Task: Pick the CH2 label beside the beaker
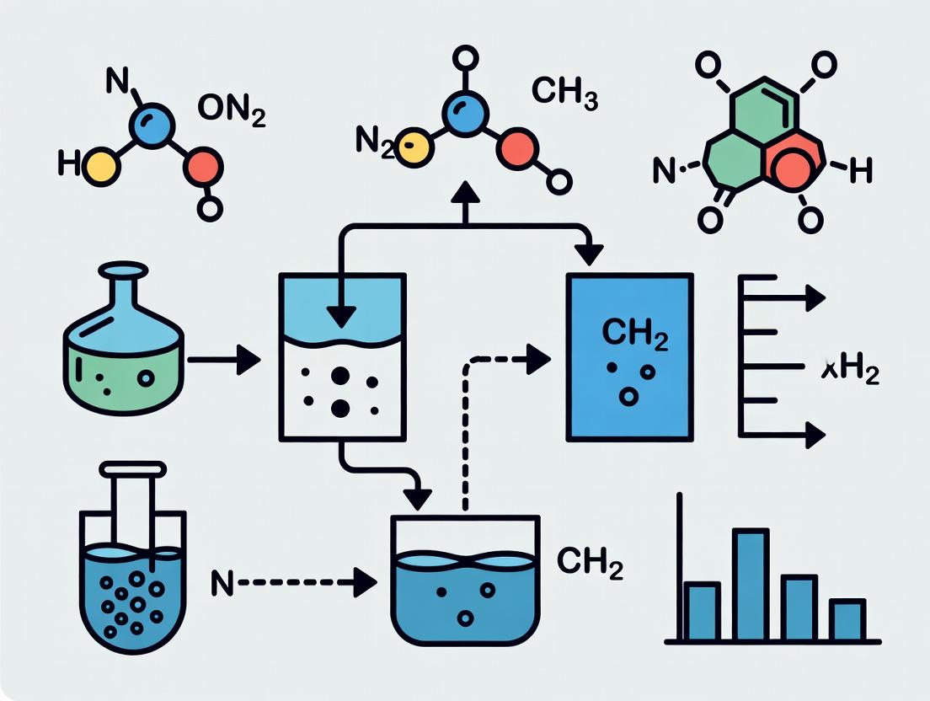click(590, 561)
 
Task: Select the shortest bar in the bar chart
click(847, 618)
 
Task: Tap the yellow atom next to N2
click(412, 146)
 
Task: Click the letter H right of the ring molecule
click(859, 171)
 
